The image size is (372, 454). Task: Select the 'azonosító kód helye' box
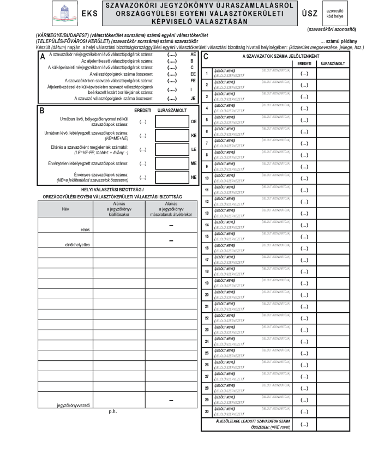334,13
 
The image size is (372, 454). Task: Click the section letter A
43,56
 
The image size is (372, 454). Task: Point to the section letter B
42,109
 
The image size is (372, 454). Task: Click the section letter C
206,57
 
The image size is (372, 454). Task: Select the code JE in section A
192,99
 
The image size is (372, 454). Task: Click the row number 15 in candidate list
206,236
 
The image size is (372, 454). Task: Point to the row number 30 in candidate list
206,410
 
